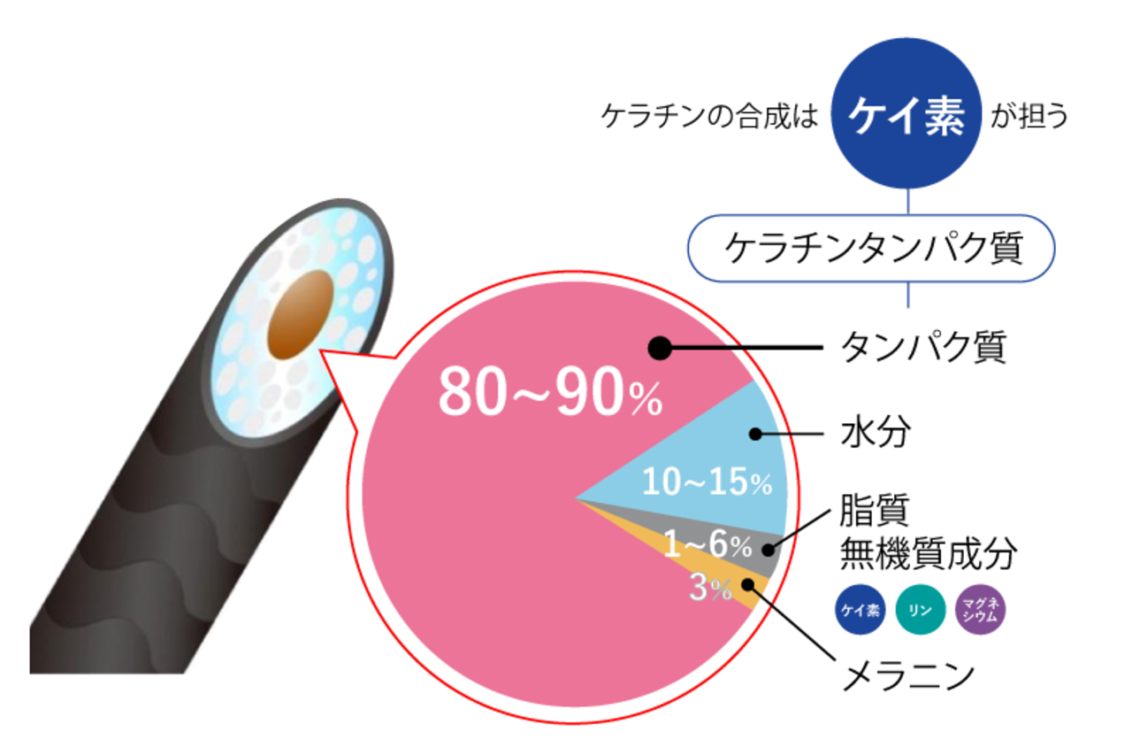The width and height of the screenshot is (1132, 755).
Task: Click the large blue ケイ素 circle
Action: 906,112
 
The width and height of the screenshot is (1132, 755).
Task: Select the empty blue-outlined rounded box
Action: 871,248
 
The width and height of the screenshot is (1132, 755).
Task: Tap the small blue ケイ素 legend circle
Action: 860,609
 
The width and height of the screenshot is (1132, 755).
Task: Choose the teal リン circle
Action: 920,609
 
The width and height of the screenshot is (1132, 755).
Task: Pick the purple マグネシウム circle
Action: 981,609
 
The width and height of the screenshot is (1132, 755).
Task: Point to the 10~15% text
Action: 707,483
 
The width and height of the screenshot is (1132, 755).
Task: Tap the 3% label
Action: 710,589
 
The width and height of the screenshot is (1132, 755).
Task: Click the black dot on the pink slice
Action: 660,348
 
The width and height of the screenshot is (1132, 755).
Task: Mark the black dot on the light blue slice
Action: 755,434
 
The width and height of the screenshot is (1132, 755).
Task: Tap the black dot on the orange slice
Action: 748,583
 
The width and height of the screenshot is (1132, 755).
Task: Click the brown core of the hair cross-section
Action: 301,314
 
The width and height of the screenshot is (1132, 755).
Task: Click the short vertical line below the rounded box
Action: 907,297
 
